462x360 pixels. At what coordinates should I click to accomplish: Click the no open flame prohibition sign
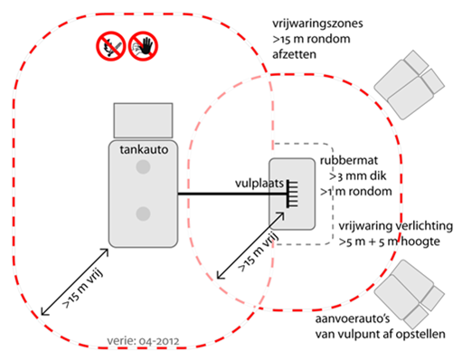[x=111, y=46]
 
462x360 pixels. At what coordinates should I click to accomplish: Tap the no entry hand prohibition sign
[x=143, y=46]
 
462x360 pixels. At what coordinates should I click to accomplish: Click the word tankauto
[x=144, y=149]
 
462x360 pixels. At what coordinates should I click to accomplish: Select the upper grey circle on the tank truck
[x=143, y=166]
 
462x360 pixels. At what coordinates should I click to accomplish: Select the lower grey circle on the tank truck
[x=143, y=213]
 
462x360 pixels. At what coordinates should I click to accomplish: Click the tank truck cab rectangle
[x=143, y=120]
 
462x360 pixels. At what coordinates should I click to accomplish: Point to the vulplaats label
[x=259, y=184]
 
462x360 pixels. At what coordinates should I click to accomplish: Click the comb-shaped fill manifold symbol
[x=292, y=194]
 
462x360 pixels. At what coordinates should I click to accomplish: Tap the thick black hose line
[x=232, y=194]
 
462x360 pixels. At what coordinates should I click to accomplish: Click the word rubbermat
[x=349, y=160]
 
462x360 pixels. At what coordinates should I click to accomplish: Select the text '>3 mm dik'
[x=358, y=176]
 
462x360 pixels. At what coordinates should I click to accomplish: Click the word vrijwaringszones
[x=317, y=24]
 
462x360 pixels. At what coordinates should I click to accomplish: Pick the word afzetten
[x=294, y=54]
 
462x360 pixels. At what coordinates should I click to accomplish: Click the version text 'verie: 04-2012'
[x=143, y=341]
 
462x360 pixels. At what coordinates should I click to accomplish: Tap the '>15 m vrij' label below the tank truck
[x=82, y=289]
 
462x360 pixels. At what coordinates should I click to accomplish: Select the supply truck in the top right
[x=410, y=85]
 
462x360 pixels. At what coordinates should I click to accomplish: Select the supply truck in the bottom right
[x=410, y=294]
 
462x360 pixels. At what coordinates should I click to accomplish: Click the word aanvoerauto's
[x=353, y=318]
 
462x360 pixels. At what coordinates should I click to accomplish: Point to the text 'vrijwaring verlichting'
[x=396, y=226]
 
